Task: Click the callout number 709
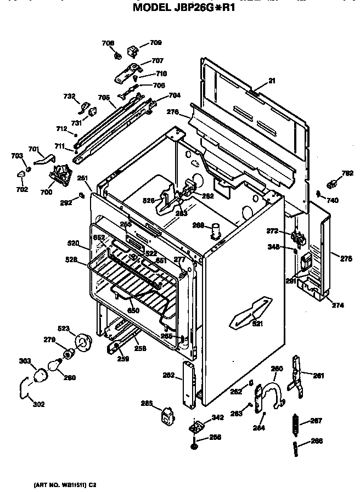click(156, 42)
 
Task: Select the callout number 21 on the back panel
click(272, 81)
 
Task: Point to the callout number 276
click(173, 112)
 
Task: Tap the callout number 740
click(333, 201)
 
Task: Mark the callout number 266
click(317, 441)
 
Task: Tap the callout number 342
click(217, 417)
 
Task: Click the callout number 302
click(39, 405)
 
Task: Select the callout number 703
click(17, 156)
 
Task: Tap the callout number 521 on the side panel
click(257, 324)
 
